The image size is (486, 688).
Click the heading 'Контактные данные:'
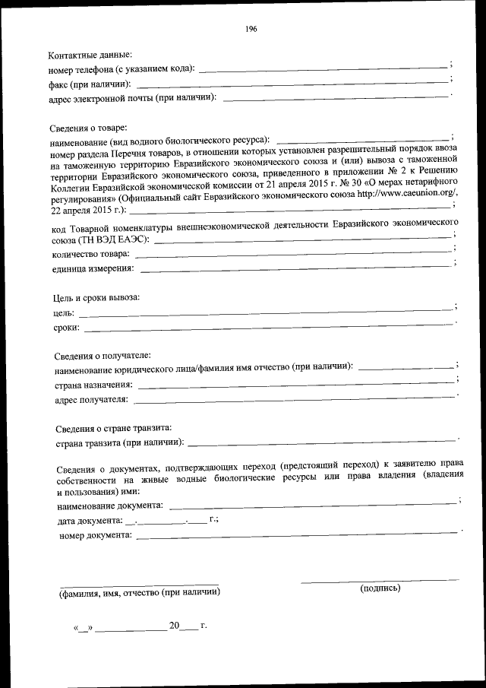click(x=90, y=55)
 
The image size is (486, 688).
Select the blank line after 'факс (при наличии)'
click(x=292, y=82)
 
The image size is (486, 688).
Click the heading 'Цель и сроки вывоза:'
click(x=96, y=297)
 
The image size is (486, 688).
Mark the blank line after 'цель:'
click(x=266, y=312)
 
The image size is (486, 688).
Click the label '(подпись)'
click(x=380, y=588)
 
